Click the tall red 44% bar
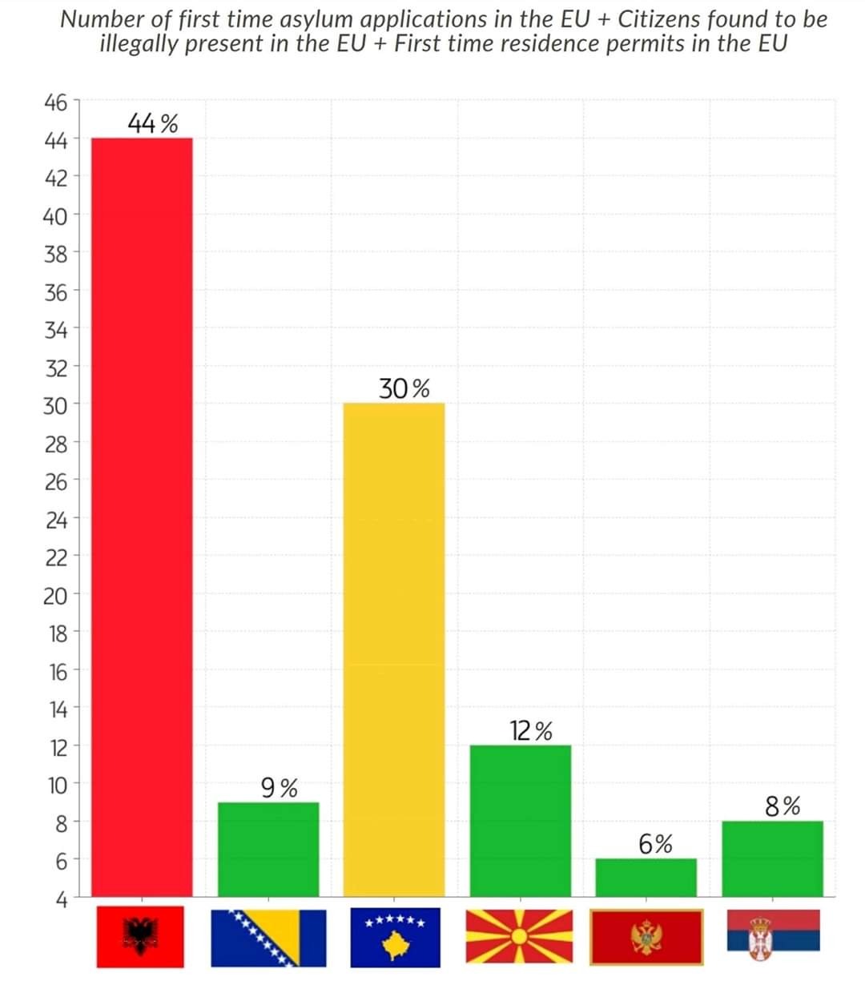coord(142,517)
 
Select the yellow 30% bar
coord(393,649)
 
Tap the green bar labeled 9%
coord(268,849)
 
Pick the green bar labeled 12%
coord(520,820)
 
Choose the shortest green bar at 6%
coord(646,877)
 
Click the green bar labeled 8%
coord(771,858)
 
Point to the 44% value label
coord(152,124)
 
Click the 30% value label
coord(404,390)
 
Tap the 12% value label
coord(530,731)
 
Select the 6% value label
coord(655,844)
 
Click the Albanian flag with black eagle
coord(140,937)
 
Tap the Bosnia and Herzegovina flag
coord(268,937)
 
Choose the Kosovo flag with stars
coord(393,937)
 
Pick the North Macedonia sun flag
coord(520,937)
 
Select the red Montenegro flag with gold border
coord(646,937)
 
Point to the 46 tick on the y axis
coord(55,103)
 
